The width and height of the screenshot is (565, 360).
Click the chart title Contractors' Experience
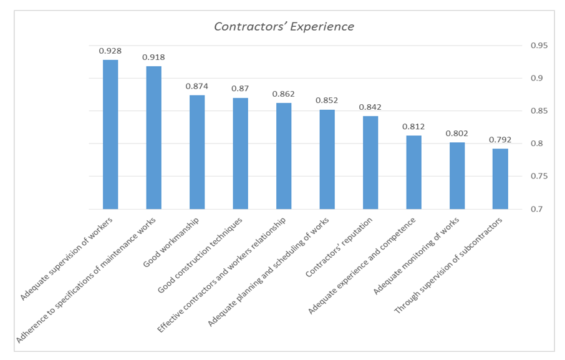click(284, 27)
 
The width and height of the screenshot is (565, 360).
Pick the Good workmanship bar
click(197, 152)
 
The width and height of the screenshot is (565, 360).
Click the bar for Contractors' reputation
click(370, 162)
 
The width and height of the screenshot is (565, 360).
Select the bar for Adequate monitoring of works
click(457, 175)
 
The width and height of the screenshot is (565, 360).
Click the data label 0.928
click(110, 51)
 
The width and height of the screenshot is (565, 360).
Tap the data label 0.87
click(240, 89)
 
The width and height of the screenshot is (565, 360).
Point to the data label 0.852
click(327, 100)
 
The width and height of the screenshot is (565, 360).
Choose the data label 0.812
click(413, 126)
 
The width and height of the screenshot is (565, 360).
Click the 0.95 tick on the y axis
click(539, 46)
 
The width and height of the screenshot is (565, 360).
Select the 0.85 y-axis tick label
click(539, 111)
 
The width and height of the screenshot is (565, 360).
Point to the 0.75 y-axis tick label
click(539, 177)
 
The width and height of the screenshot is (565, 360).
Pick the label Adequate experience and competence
click(362, 265)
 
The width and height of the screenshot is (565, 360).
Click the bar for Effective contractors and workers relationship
click(284, 156)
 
